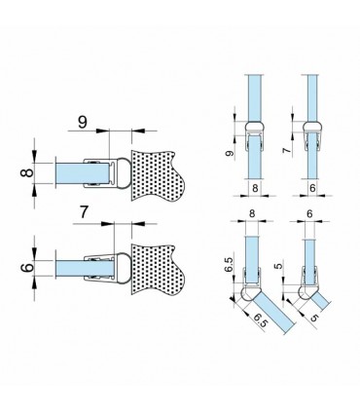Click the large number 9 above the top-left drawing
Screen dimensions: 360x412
tap(83, 123)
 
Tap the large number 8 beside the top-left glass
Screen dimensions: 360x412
tap(27, 171)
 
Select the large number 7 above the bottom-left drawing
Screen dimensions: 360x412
tap(84, 212)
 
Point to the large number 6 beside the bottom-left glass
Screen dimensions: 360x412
tap(27, 268)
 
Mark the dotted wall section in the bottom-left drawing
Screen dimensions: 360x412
tap(156, 270)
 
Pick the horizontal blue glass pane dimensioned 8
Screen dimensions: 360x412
tap(83, 173)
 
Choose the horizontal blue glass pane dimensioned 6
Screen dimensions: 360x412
tap(85, 268)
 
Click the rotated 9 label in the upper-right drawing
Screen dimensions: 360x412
tap(230, 153)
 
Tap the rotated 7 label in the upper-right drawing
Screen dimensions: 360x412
tap(286, 150)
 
